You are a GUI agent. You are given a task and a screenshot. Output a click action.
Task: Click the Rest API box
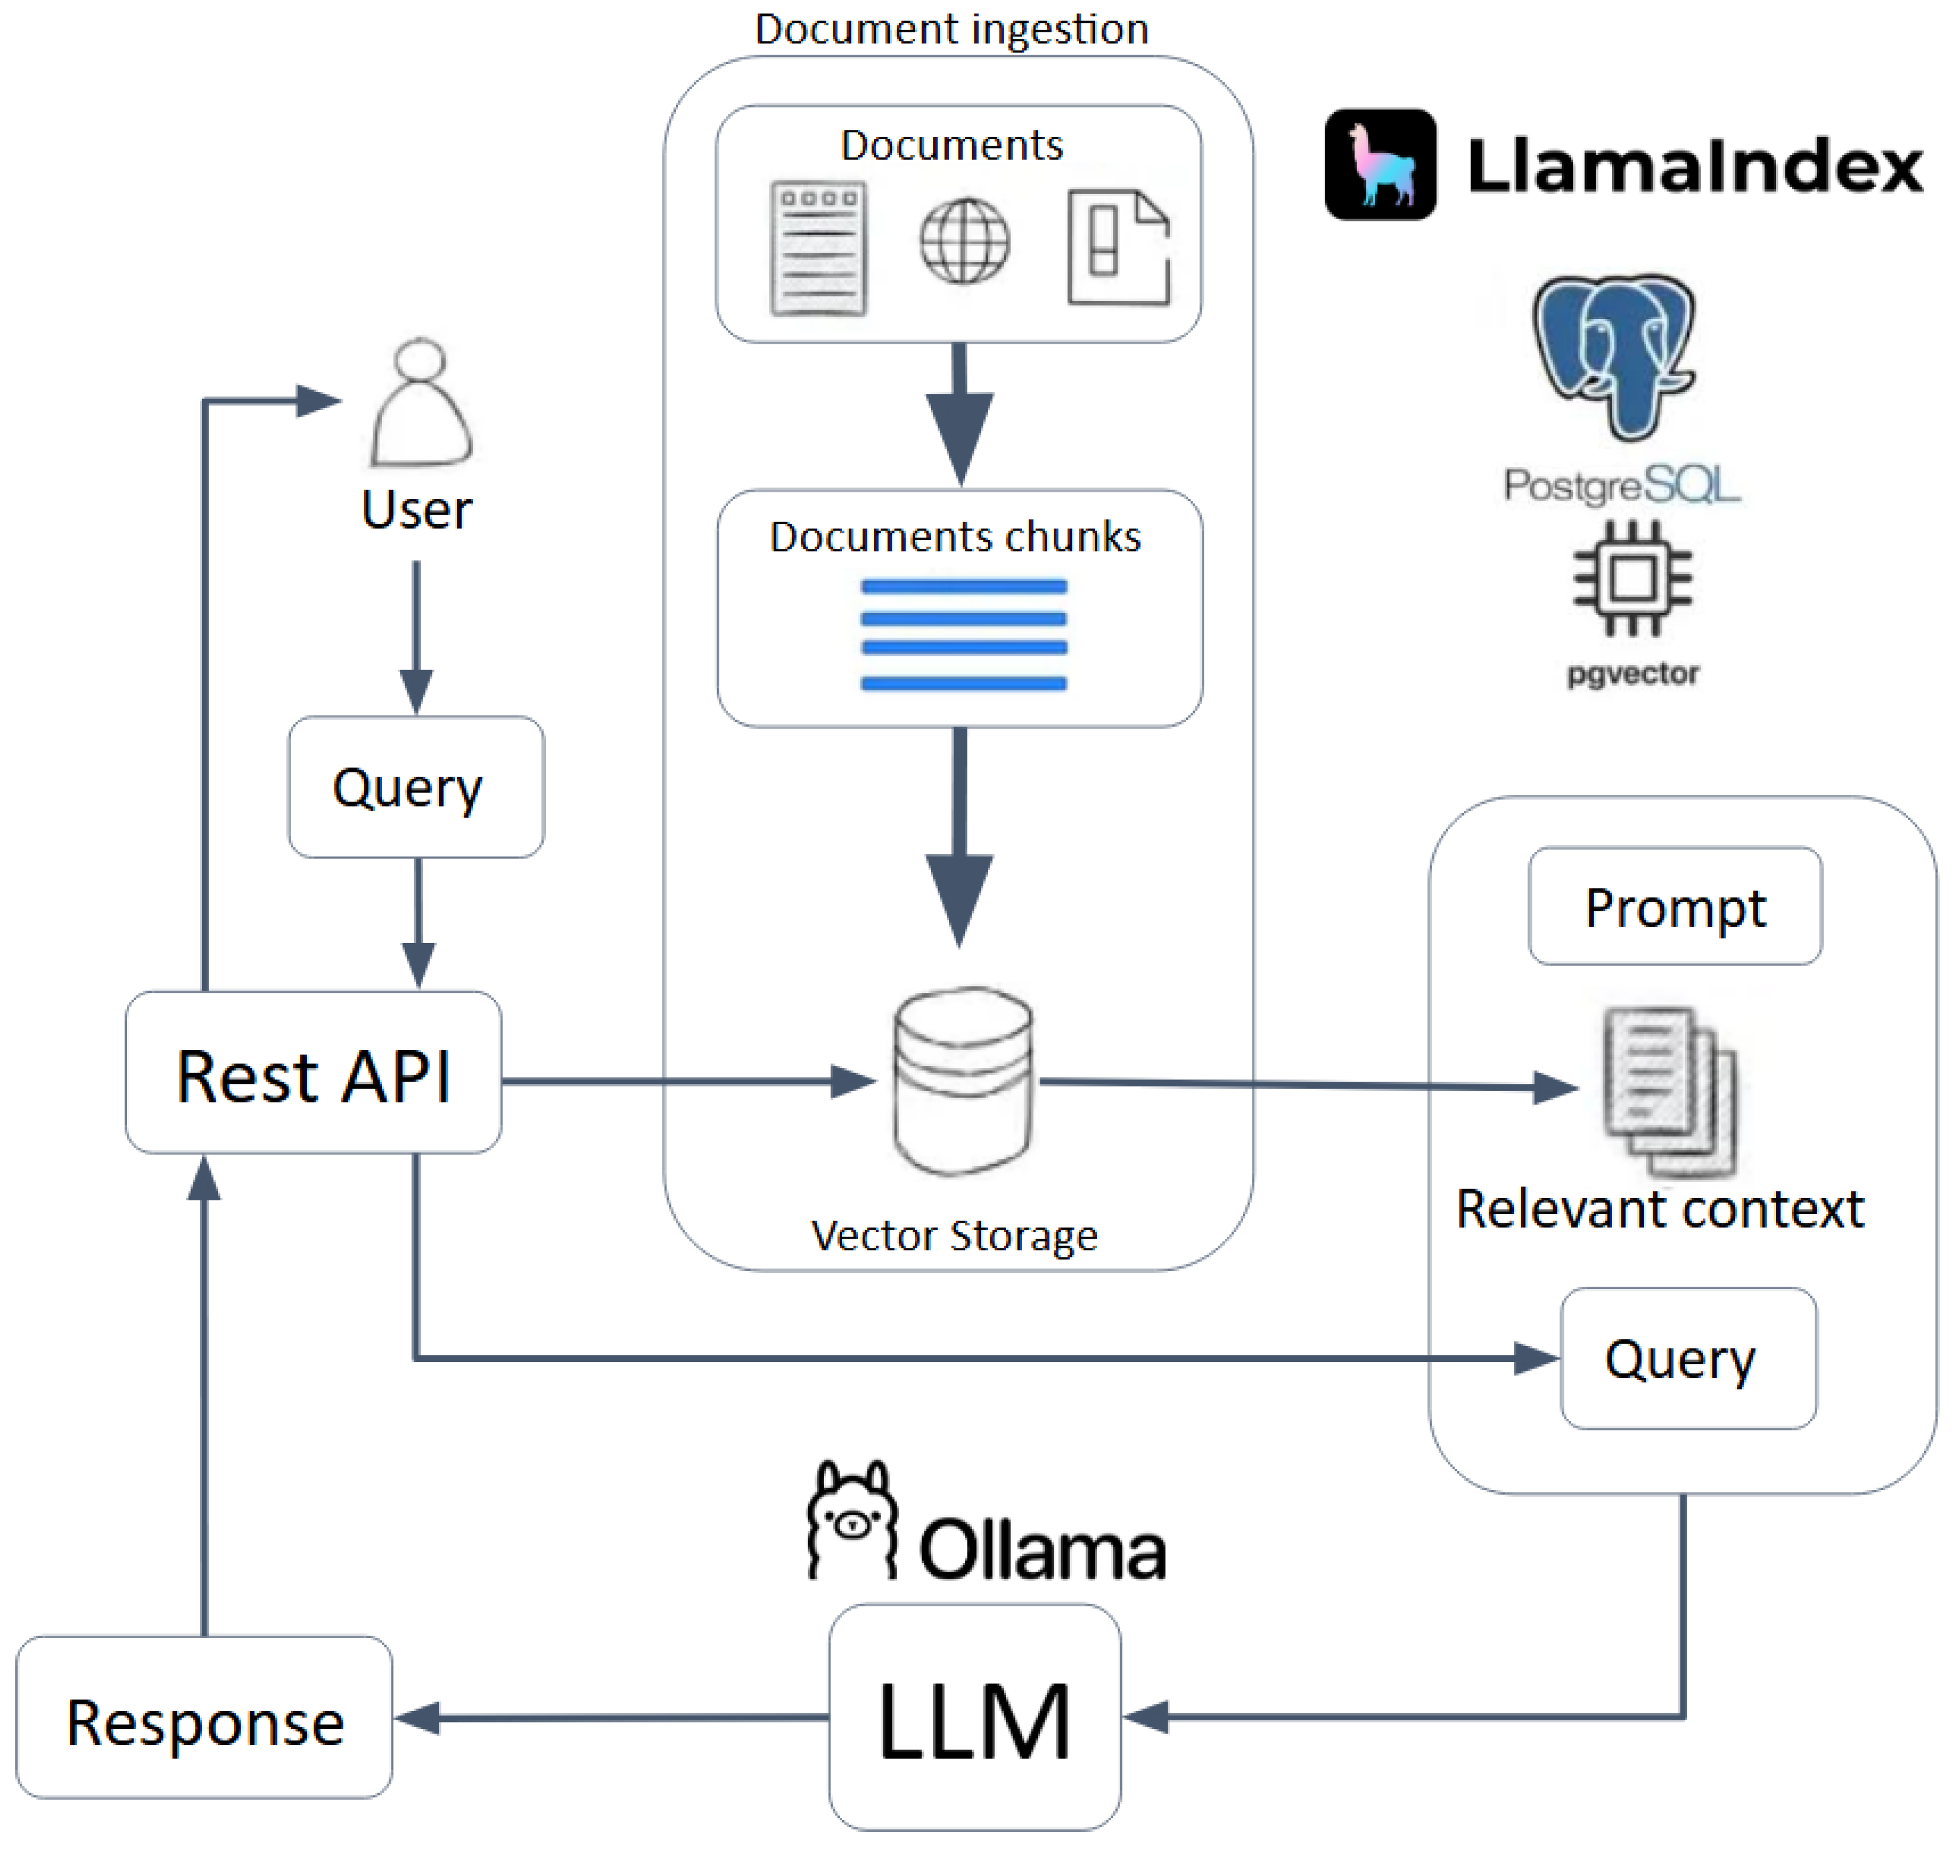click(313, 1073)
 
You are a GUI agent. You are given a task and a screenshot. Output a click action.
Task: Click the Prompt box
click(1675, 907)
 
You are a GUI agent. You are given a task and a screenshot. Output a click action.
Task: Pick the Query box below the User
click(416, 787)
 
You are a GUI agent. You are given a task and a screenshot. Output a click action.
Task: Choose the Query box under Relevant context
click(1688, 1359)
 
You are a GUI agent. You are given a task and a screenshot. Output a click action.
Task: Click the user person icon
click(421, 404)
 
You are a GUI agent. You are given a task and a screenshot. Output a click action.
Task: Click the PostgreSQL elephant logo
click(1614, 355)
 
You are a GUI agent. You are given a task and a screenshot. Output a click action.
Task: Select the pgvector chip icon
click(1633, 579)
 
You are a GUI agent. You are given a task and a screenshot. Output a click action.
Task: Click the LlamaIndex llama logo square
click(1380, 165)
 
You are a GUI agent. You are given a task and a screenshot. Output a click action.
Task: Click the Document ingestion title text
click(951, 29)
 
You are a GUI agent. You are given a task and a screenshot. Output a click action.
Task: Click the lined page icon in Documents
click(818, 249)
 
